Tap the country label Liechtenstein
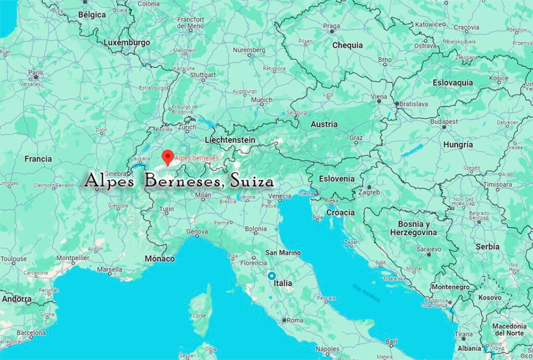point(230,140)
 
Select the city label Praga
point(332,26)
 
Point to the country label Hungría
point(458,144)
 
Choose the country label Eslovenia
point(337,179)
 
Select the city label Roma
point(295,320)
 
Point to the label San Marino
point(283,253)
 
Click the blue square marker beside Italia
point(271,275)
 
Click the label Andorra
point(17,300)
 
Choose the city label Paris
point(35,73)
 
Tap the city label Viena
point(378,97)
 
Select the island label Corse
point(200,316)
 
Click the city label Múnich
point(262,100)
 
